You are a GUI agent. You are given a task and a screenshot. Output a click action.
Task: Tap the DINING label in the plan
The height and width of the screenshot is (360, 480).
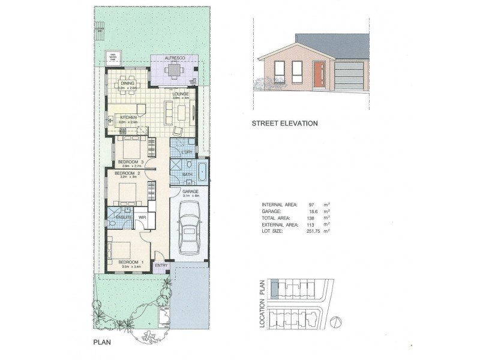coord(127,83)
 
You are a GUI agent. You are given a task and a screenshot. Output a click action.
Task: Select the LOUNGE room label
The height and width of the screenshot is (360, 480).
coord(181,94)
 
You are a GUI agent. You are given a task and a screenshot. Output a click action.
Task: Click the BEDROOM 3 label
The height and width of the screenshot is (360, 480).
coord(131,163)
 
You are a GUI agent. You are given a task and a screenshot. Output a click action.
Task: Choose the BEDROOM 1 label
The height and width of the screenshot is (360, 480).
coord(131,262)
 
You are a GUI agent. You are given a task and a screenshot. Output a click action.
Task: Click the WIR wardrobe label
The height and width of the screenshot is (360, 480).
coord(143,218)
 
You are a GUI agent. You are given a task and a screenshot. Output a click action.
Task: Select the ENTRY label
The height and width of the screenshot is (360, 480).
coord(161,265)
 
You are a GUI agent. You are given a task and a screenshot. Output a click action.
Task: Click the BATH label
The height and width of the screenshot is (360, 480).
coord(187,175)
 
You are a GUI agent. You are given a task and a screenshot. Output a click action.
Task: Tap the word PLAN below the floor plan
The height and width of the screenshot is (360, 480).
coord(103,343)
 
